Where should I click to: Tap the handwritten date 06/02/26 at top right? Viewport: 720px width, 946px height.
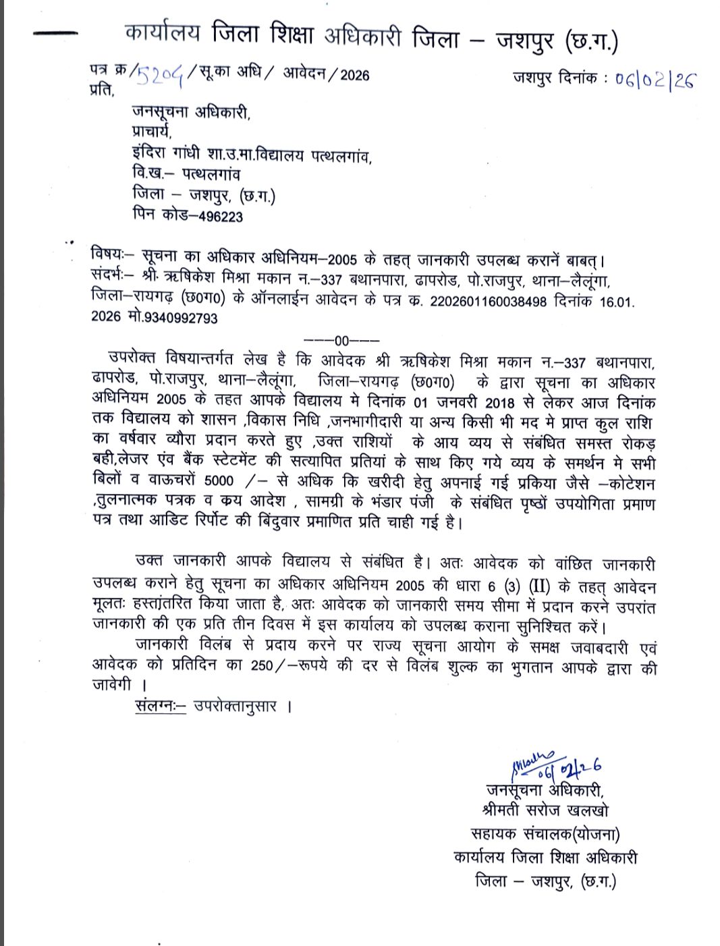point(655,80)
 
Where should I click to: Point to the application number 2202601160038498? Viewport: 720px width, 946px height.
point(489,302)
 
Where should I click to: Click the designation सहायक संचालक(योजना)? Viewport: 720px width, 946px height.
point(545,834)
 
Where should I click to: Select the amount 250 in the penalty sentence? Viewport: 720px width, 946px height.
point(261,666)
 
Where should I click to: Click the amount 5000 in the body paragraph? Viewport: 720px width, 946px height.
point(219,481)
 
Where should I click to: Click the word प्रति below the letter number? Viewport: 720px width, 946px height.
point(101,90)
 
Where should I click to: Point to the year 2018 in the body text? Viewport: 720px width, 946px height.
point(500,403)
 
